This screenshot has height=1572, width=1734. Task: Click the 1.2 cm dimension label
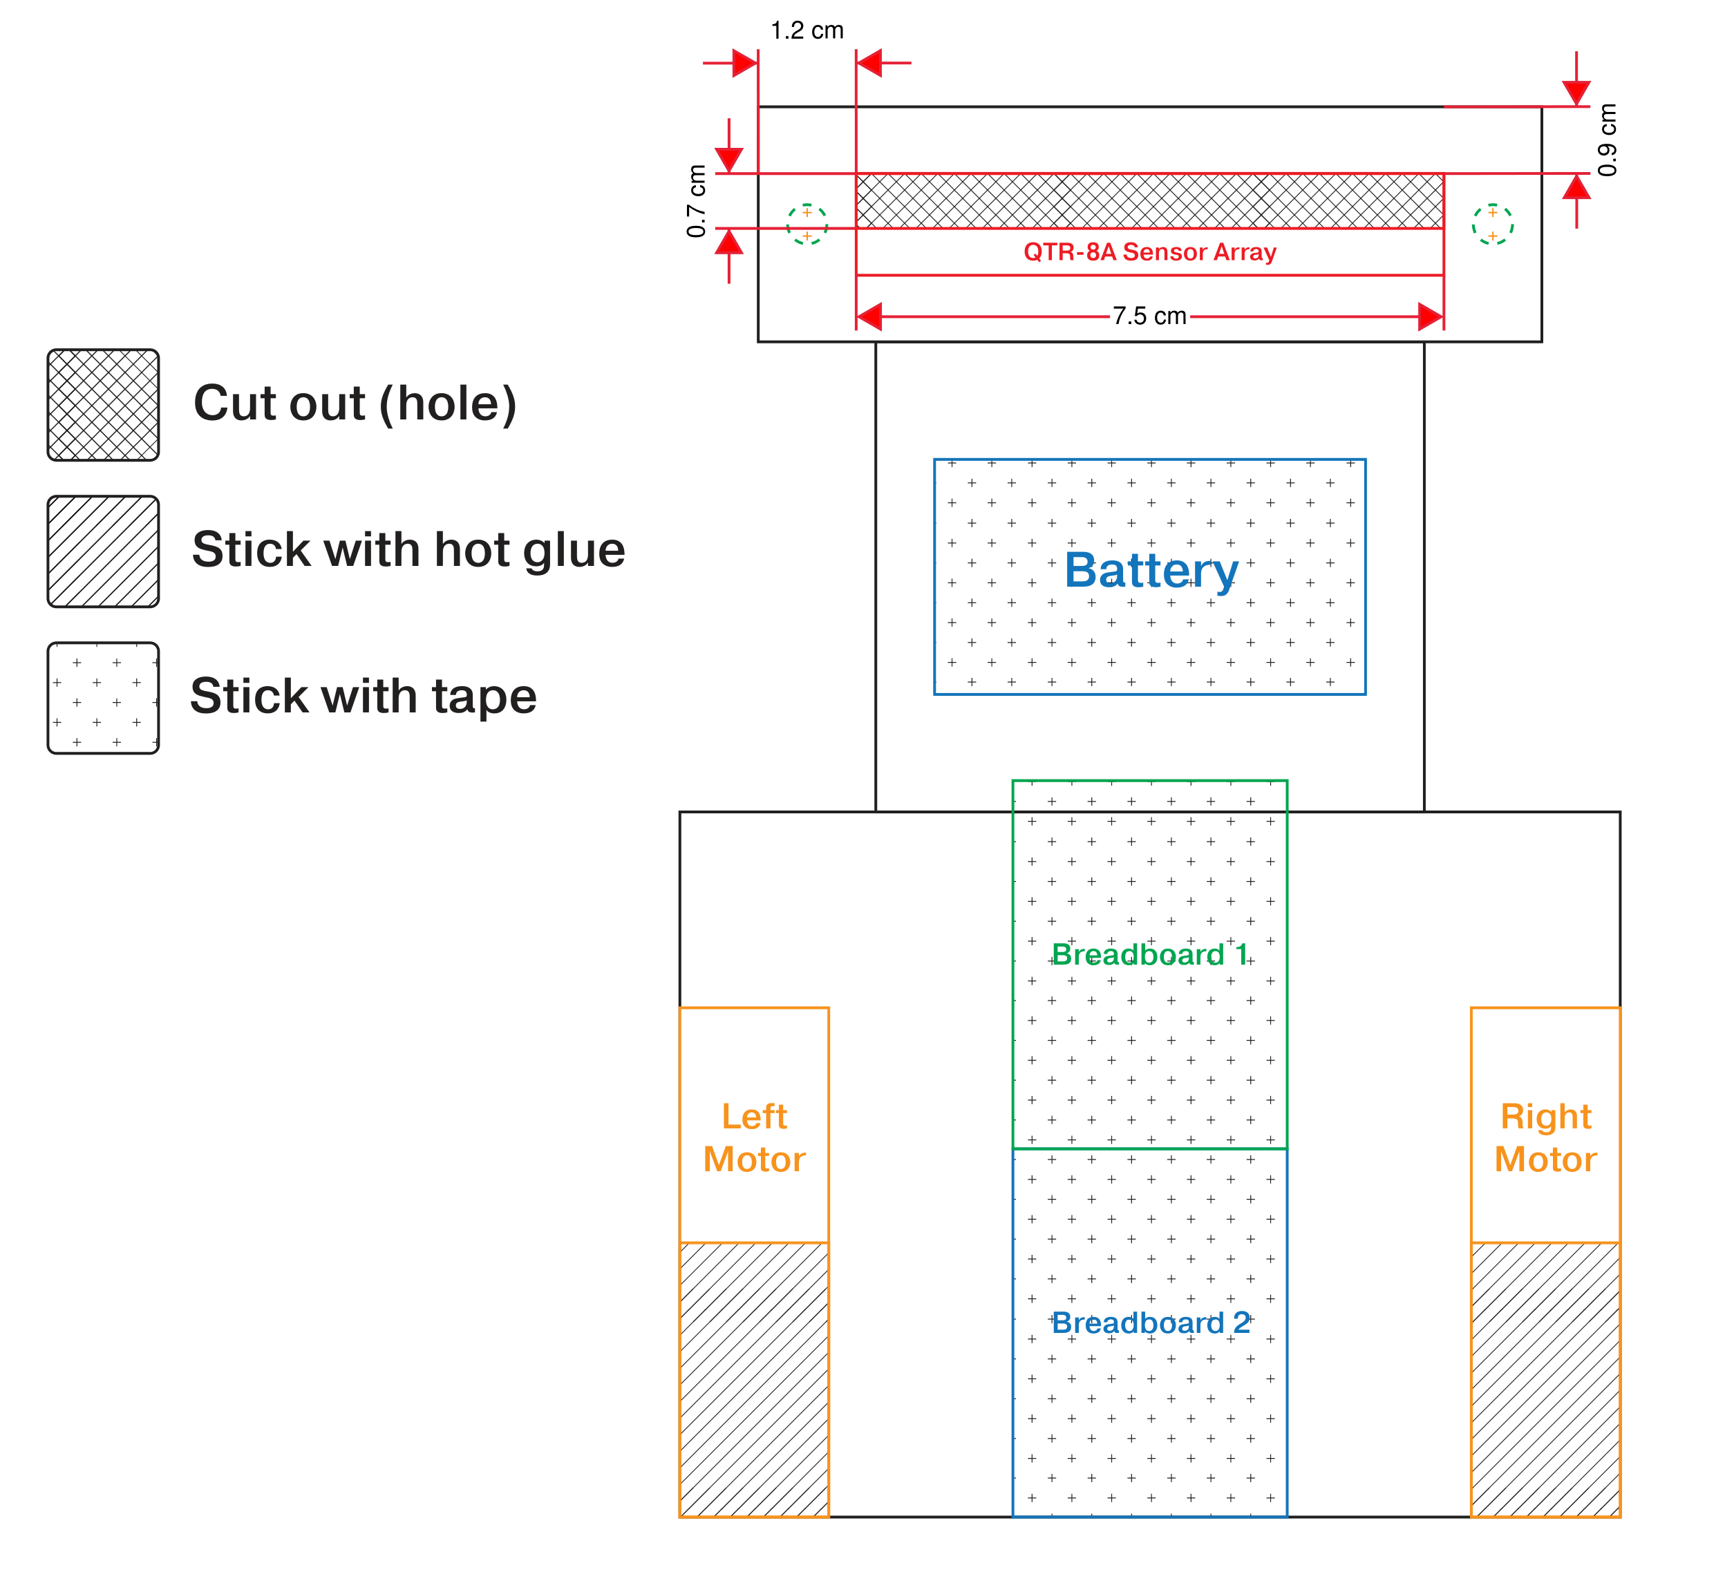[x=807, y=31]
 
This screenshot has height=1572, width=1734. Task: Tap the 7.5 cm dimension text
[x=1149, y=316]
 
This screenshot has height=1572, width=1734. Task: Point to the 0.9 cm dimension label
[x=1607, y=140]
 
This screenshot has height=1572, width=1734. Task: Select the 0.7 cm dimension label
[x=697, y=201]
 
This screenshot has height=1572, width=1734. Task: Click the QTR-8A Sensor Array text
[x=1149, y=252]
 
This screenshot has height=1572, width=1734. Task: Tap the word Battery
[x=1151, y=570]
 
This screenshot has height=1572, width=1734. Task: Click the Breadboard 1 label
[x=1149, y=954]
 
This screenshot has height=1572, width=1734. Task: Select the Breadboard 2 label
[x=1151, y=1323]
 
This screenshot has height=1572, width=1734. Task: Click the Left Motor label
[x=754, y=1138]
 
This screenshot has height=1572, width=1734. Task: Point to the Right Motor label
[x=1545, y=1138]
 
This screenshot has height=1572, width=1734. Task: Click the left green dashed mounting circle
[x=807, y=225]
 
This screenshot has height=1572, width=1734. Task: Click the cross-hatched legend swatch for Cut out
[x=103, y=405]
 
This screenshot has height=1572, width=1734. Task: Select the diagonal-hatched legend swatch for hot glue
[x=103, y=551]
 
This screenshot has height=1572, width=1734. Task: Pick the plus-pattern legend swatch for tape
[x=103, y=699]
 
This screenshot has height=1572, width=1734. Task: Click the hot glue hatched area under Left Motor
[x=754, y=1379]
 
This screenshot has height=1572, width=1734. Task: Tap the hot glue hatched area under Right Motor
[x=1545, y=1379]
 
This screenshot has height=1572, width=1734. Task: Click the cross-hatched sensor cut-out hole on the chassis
[x=1149, y=201]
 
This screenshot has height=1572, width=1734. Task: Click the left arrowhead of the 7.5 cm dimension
[x=869, y=316]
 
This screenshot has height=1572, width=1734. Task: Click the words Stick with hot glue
[x=408, y=550]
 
